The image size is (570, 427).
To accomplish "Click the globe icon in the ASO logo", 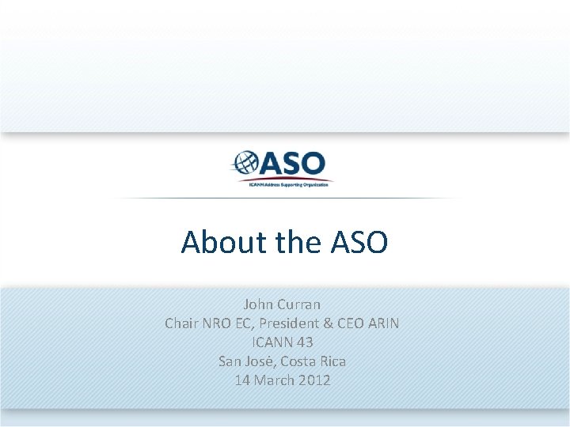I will coord(245,164).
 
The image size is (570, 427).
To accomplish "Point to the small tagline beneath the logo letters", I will coord(287,183).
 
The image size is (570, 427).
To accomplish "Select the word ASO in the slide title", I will coord(357,242).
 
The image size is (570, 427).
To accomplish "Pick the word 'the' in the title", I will coord(298,242).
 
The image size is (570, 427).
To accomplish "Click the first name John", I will coord(259,304).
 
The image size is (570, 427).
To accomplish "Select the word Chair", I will coord(182,323).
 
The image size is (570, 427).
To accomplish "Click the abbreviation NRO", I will coord(220,323).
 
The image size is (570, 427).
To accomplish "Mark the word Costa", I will coord(302,361).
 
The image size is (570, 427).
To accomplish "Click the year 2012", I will coord(316,380).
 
